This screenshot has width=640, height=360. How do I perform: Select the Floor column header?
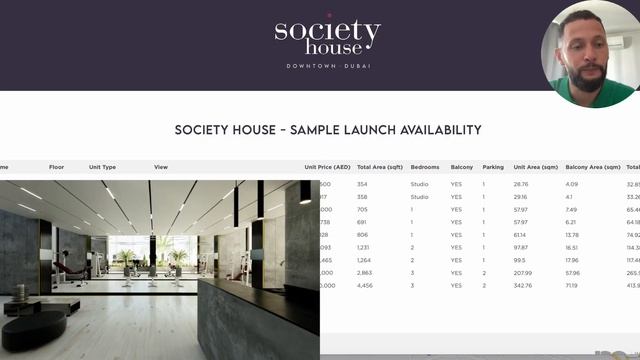click(x=57, y=167)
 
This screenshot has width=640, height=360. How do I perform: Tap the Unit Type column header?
click(x=102, y=167)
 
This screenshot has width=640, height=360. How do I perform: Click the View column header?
click(x=161, y=167)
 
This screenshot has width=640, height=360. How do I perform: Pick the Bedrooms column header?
click(x=425, y=167)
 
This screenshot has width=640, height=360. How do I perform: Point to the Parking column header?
click(x=493, y=167)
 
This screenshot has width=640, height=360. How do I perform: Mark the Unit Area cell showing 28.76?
click(x=521, y=184)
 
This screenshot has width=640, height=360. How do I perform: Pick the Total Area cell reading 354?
click(x=363, y=184)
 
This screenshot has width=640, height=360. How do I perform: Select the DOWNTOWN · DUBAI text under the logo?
click(x=327, y=66)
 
